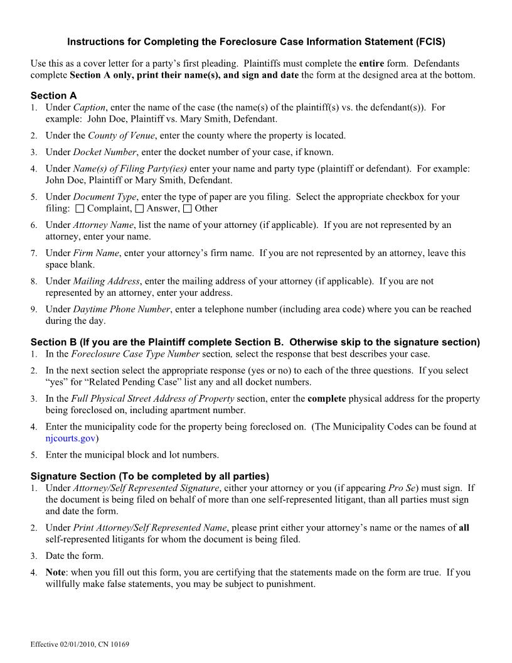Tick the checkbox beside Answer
click(139, 208)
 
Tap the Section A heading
click(53, 95)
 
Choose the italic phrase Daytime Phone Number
click(122, 309)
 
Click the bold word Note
click(56, 573)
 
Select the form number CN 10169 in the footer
click(113, 645)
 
